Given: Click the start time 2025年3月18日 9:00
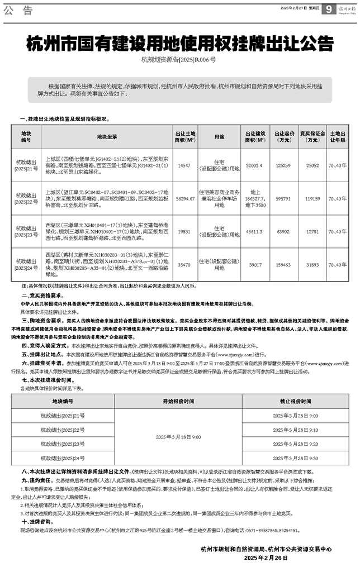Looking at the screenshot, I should (178, 437).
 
